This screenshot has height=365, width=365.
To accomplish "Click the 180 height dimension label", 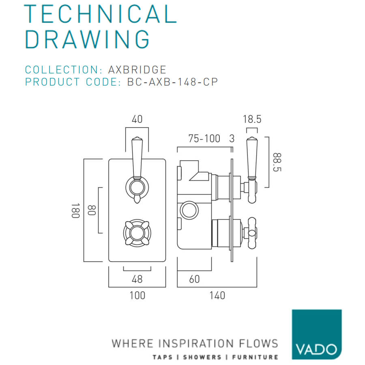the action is click(x=75, y=210).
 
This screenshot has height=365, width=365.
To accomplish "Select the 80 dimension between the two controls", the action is click(x=92, y=210).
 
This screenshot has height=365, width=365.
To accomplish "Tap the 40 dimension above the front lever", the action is click(x=137, y=119).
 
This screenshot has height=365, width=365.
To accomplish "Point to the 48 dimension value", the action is click(x=137, y=279).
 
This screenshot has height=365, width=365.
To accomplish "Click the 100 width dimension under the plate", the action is click(x=137, y=295).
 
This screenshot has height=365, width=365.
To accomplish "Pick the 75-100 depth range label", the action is click(x=204, y=139).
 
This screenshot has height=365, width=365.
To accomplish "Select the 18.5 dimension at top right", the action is click(x=252, y=119).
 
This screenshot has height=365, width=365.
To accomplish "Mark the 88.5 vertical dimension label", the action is click(x=277, y=162).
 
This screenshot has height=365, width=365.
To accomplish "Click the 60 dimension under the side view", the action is click(x=194, y=279).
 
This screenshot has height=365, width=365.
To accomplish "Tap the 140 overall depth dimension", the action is click(x=217, y=295).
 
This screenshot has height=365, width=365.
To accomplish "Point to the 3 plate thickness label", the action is click(x=232, y=139).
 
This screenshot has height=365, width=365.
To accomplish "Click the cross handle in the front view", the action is click(x=137, y=233).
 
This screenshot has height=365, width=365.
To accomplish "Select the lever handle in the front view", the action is click(x=137, y=170).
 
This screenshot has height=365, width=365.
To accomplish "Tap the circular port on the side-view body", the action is click(x=189, y=210).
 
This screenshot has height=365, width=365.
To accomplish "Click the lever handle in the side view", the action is click(x=251, y=170).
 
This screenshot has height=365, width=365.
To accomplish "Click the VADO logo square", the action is click(x=317, y=334).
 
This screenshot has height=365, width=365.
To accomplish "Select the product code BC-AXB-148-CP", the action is click(x=172, y=82).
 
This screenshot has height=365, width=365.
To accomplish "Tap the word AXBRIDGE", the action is click(x=137, y=70).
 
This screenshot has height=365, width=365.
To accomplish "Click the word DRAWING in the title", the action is click(x=87, y=39).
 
